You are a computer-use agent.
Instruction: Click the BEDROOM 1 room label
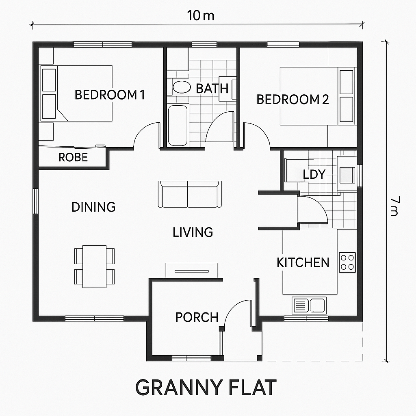point(110,95)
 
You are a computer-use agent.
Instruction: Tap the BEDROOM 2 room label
point(292,100)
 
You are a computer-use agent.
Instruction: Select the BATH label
point(212,89)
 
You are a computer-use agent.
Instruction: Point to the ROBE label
point(73,158)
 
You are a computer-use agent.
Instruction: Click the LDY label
point(314,174)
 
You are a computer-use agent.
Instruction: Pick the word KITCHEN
point(303,262)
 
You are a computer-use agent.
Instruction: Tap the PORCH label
point(197,317)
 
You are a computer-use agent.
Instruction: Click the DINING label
point(93,207)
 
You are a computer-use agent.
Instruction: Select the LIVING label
point(193,232)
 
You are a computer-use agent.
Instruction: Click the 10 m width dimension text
point(200,16)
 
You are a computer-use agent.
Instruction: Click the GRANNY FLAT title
point(206,387)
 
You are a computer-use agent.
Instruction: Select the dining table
point(94,266)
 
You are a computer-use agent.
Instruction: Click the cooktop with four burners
point(347,262)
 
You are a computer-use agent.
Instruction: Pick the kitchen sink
point(309,305)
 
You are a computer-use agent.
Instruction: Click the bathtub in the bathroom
point(178,125)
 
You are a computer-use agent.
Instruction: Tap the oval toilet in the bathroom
point(182,87)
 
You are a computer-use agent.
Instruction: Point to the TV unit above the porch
point(191,271)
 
